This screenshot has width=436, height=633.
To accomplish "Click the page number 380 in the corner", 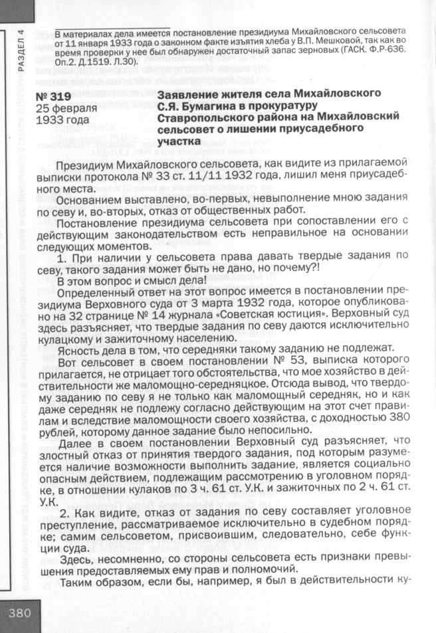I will [20, 613].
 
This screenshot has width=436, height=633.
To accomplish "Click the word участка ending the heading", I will [179, 141].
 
